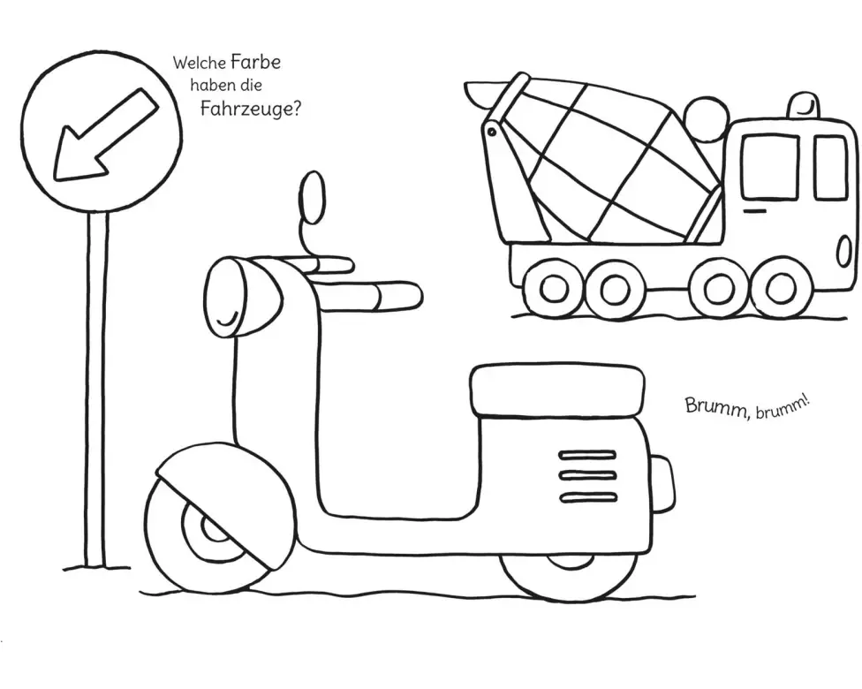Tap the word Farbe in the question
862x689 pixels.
[x=255, y=63]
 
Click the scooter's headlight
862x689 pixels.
[x=228, y=296]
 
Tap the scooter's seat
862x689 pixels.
[x=556, y=390]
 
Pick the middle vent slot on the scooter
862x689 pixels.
[x=588, y=475]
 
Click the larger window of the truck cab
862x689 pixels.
[x=768, y=167]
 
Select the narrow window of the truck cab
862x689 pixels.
[x=830, y=167]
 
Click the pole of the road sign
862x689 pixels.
[x=95, y=389]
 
